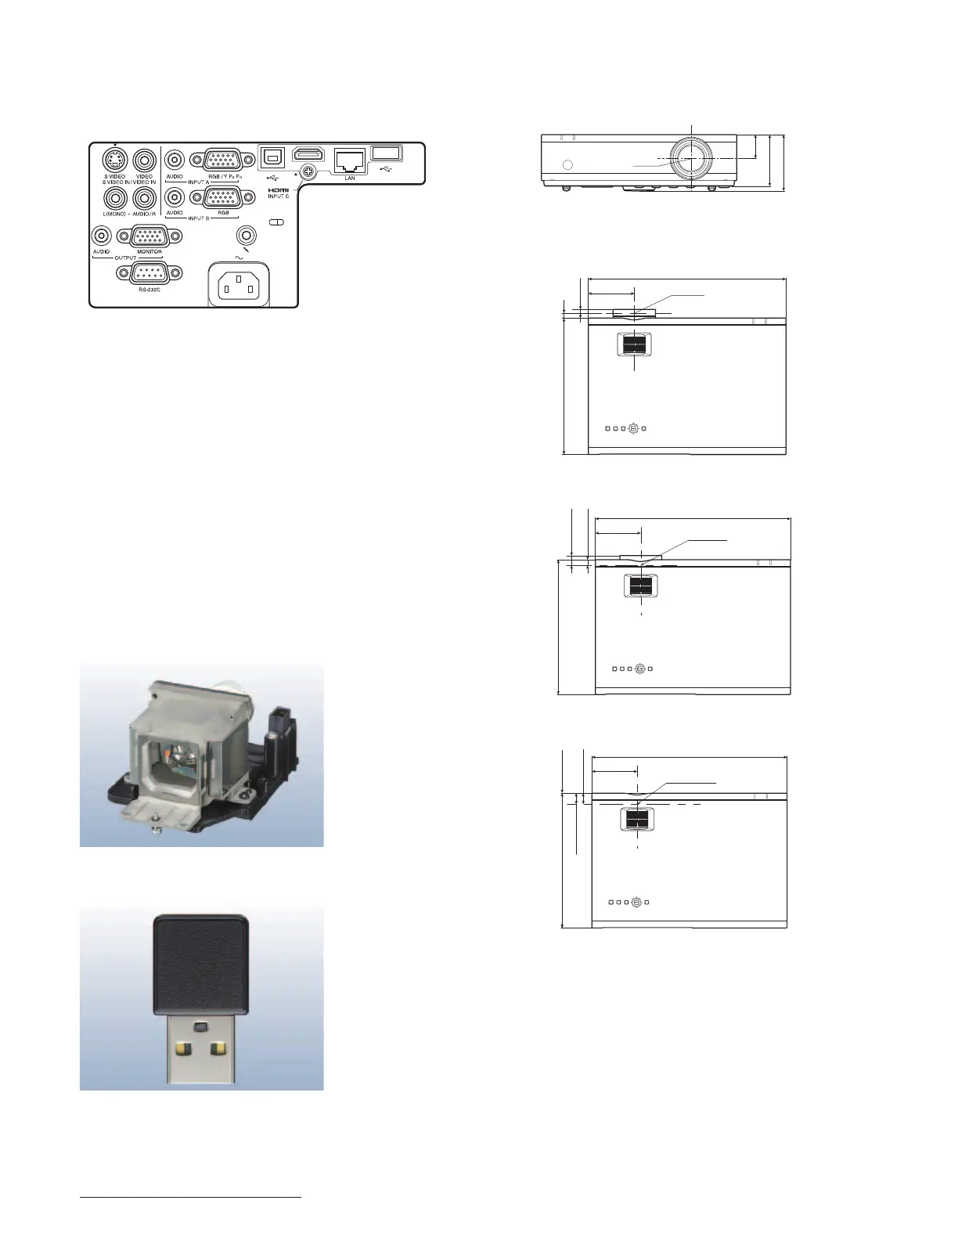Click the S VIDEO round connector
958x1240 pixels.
coord(115,160)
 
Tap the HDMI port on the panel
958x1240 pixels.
coord(308,155)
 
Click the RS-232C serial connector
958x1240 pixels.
coord(149,273)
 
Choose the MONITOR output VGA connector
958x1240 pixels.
coord(149,236)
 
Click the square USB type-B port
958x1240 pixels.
coord(272,156)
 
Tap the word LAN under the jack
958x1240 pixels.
coord(350,178)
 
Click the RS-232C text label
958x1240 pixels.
coord(149,290)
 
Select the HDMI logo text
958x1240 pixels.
coord(279,190)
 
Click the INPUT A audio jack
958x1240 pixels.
coord(175,160)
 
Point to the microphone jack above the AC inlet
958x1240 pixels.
coord(248,234)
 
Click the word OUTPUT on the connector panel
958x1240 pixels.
coord(126,258)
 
